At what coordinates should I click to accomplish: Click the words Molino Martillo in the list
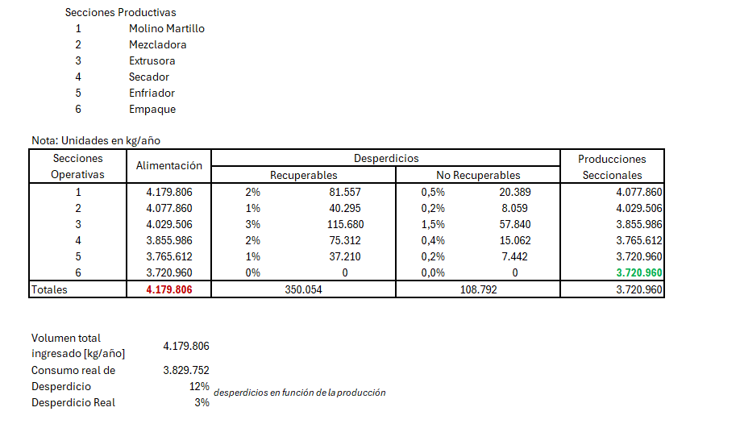(167, 28)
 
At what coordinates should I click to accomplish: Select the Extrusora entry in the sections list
(152, 61)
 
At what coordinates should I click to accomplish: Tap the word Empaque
(152, 109)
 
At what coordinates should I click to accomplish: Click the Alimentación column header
(169, 166)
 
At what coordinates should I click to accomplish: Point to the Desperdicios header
(386, 158)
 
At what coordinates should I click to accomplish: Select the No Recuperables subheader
(478, 175)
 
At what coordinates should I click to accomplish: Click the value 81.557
(345, 192)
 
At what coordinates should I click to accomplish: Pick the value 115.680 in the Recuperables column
(346, 224)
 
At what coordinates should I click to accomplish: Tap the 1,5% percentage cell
(433, 224)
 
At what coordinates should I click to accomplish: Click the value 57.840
(515, 224)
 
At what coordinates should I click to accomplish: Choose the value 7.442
(515, 256)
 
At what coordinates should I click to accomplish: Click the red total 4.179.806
(169, 289)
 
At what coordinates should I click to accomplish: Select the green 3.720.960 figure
(639, 272)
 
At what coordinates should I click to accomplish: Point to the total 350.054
(303, 289)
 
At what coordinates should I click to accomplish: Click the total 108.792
(479, 289)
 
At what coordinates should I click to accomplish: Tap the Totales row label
(49, 289)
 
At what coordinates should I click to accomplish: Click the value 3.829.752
(186, 370)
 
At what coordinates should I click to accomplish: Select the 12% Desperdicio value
(199, 386)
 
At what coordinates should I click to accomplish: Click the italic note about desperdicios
(300, 393)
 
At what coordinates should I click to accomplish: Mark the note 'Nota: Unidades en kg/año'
(96, 140)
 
